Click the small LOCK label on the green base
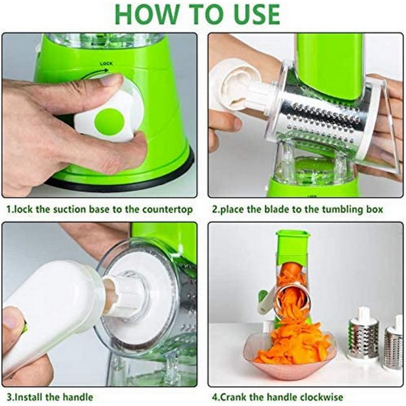(x=106, y=63)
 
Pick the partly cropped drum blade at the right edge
(x=395, y=346)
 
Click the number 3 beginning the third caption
(x=9, y=397)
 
